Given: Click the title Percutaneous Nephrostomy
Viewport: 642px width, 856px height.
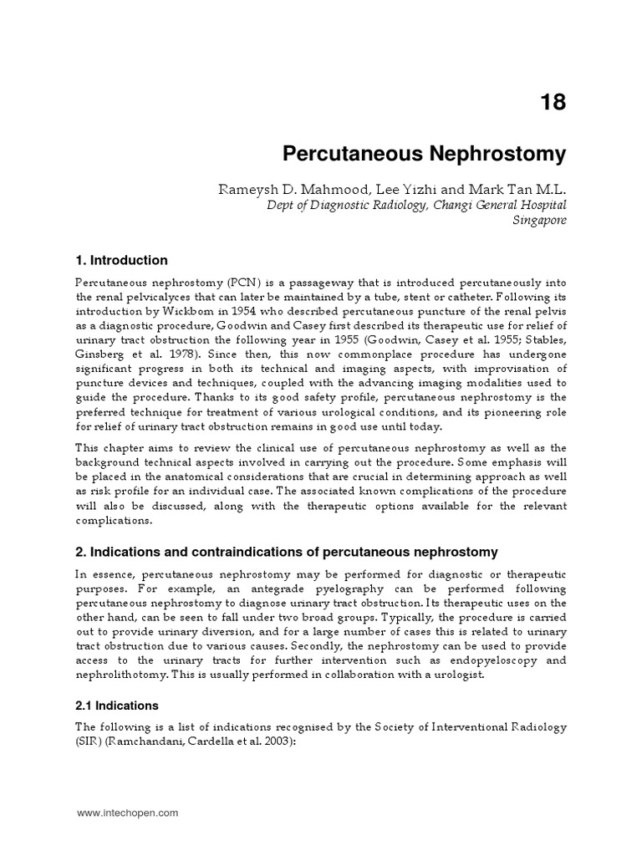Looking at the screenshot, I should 424,154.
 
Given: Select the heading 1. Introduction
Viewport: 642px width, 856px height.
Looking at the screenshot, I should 121,260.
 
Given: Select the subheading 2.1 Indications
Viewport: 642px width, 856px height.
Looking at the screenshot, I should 117,706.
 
